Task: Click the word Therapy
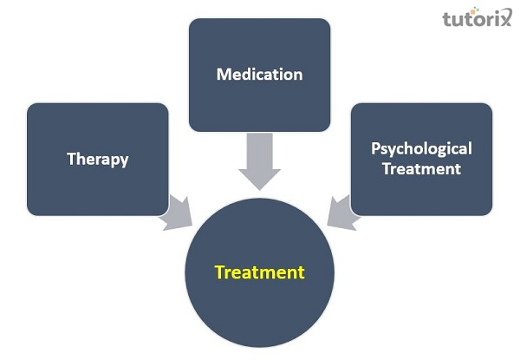click(x=97, y=160)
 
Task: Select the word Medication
click(x=259, y=74)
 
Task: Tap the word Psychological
click(x=421, y=149)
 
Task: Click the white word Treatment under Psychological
click(x=421, y=169)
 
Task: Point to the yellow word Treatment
click(x=259, y=272)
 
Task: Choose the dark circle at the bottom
click(x=259, y=304)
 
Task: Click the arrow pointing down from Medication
click(x=259, y=160)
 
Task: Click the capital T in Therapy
click(x=71, y=159)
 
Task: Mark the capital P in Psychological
click(x=375, y=148)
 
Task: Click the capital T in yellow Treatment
click(x=219, y=272)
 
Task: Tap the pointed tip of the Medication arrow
click(x=259, y=189)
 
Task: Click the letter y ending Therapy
click(x=124, y=161)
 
